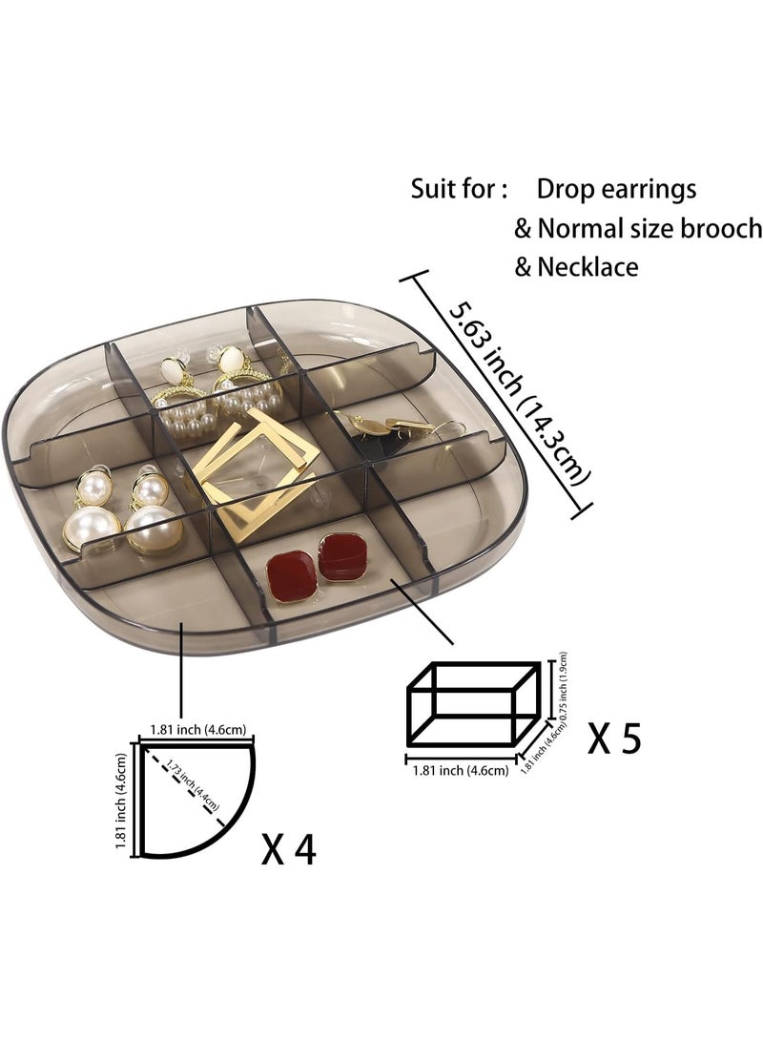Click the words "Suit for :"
[459, 189]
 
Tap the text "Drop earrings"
[616, 190]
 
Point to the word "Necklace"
[588, 267]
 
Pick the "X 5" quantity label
[614, 739]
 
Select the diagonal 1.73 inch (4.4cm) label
[192, 784]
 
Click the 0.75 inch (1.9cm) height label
[563, 686]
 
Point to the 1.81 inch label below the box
[461, 771]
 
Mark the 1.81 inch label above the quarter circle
[197, 730]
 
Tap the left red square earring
[292, 576]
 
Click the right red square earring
[343, 556]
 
